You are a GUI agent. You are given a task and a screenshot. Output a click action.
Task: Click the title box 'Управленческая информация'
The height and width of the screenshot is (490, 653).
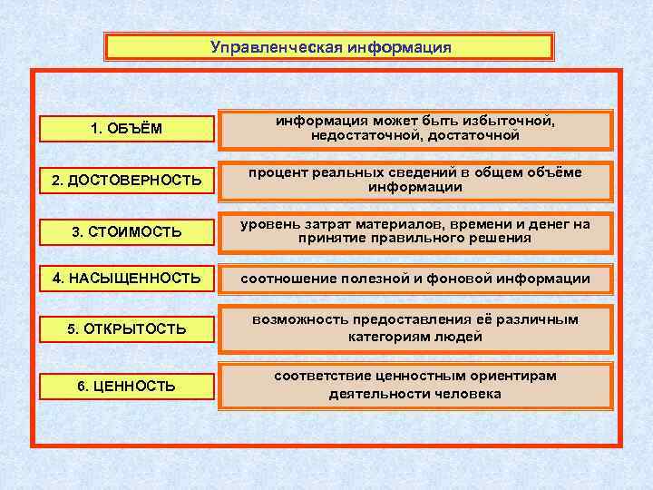[328, 47]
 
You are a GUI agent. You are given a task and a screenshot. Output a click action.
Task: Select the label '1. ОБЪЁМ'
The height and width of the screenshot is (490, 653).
[126, 129]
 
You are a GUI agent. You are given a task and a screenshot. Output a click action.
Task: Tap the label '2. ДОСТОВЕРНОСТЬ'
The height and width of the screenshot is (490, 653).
[126, 181]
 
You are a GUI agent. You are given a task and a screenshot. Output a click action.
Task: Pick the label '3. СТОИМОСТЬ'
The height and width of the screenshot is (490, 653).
[126, 232]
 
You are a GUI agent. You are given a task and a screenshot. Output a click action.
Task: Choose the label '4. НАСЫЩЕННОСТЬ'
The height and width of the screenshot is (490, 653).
[126, 278]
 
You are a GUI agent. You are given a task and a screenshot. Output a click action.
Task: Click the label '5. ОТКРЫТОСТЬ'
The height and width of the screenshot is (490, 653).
[126, 328]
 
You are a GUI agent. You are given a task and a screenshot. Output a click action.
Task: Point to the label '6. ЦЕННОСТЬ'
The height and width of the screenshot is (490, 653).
[126, 386]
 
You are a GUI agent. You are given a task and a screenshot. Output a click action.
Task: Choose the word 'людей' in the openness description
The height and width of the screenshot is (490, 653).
[460, 337]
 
